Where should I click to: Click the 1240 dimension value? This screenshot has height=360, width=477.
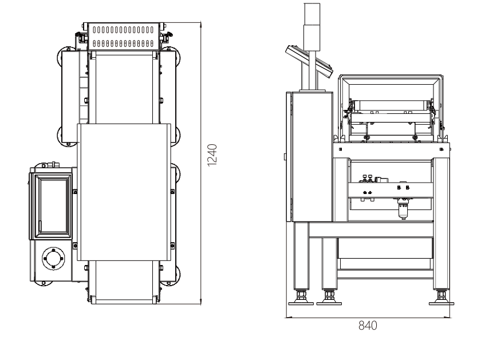tap(212, 155)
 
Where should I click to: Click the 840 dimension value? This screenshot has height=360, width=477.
tap(368, 326)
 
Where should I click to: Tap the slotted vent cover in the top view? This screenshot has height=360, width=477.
tap(123, 36)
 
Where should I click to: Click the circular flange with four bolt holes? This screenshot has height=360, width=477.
tap(54, 259)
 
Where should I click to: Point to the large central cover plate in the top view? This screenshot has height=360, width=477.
tap(124, 192)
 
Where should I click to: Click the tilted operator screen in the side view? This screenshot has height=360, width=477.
tap(309, 61)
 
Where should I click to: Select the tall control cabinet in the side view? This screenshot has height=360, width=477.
tap(309, 157)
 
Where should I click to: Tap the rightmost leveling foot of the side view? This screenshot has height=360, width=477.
tap(441, 299)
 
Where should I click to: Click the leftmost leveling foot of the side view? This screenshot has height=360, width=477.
tap(301, 299)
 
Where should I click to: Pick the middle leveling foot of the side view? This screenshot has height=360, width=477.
tap(329, 299)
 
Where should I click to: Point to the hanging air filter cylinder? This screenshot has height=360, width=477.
tap(403, 209)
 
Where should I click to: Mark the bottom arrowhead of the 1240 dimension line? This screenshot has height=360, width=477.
tap(200, 302)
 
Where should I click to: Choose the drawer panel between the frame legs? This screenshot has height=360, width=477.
tap(385, 248)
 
